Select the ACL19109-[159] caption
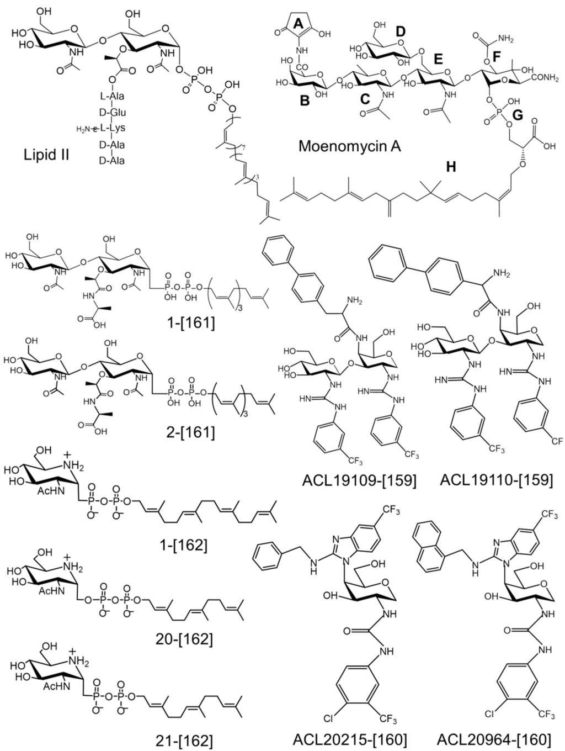click(x=359, y=479)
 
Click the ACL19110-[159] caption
click(x=496, y=479)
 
